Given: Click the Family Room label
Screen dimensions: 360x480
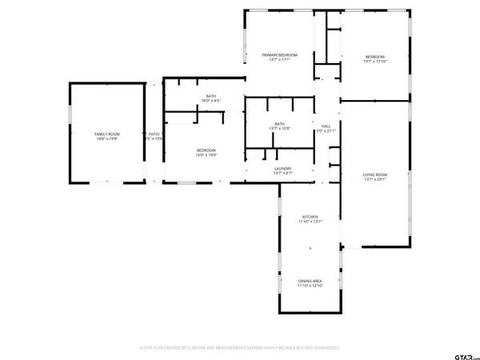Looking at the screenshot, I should tap(107, 134).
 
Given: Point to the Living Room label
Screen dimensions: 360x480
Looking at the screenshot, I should tap(374, 174).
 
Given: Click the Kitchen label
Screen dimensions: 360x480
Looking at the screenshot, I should tap(310, 217).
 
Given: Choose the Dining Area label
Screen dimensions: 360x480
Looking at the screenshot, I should tap(310, 281).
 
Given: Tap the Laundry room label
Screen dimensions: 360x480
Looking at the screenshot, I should tap(282, 168).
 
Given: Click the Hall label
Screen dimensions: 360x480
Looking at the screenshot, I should tap(326, 126).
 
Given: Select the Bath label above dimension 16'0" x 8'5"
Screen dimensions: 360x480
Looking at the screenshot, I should tap(210, 96).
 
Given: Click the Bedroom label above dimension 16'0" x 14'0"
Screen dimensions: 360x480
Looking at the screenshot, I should tap(206, 150).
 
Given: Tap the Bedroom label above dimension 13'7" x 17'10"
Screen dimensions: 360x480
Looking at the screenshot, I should tap(375, 56).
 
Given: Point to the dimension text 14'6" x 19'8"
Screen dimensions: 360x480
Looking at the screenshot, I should tap(107, 139).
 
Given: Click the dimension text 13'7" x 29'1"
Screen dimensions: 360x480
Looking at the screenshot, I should tap(374, 180).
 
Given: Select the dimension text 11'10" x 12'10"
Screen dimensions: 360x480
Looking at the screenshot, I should tap(310, 286).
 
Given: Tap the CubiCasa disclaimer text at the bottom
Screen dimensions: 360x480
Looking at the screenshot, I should tap(240, 348).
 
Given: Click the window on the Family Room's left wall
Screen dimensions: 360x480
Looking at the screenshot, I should tap(70, 114).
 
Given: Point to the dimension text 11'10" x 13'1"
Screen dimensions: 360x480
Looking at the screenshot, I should tap(310, 222).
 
